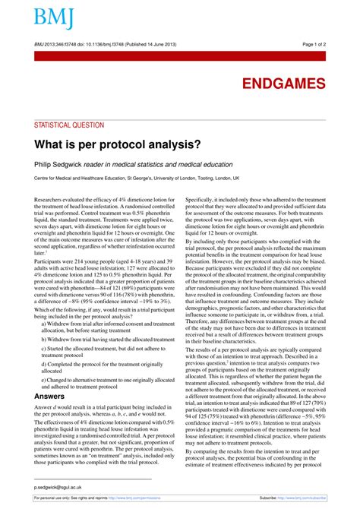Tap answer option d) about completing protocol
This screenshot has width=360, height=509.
click(106, 368)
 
